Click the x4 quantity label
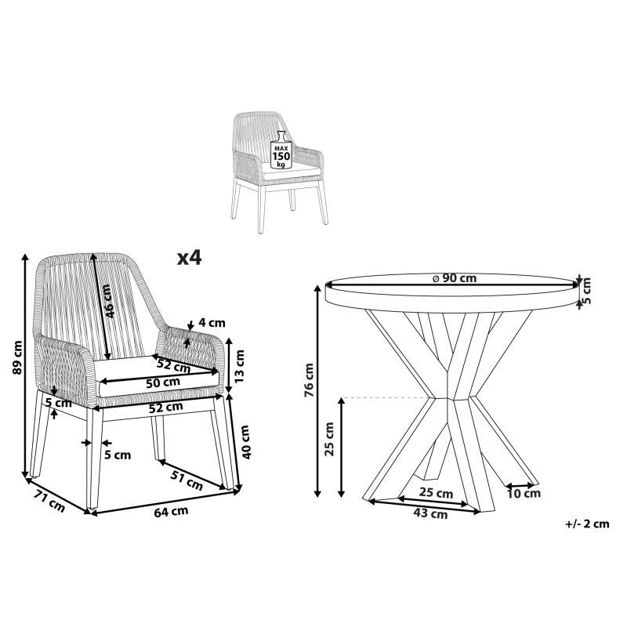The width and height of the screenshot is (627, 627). pos(190,258)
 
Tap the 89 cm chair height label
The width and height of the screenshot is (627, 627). pos(17,357)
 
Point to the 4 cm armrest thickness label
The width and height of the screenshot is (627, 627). pos(212,322)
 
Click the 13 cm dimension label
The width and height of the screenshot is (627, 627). pos(239,366)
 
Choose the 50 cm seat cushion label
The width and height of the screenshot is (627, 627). pos(163,382)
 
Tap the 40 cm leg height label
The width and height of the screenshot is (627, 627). pos(245,442)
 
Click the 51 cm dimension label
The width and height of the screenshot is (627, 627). pos(187,480)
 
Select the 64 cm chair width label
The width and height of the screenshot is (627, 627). pos(171,512)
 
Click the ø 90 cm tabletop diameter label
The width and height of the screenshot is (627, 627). pos(455,278)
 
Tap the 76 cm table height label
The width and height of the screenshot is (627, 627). pos(309,380)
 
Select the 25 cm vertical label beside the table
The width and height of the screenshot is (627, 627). pos(329,439)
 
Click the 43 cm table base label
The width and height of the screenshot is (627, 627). pos(430,513)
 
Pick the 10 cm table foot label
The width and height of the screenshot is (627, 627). pos(524,494)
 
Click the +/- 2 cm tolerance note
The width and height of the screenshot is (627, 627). pos(587,524)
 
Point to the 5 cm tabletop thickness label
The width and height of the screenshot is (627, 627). pos(585,290)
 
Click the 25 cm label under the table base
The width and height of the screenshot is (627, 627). pos(436,493)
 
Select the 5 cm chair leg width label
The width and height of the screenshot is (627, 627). pos(118,455)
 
